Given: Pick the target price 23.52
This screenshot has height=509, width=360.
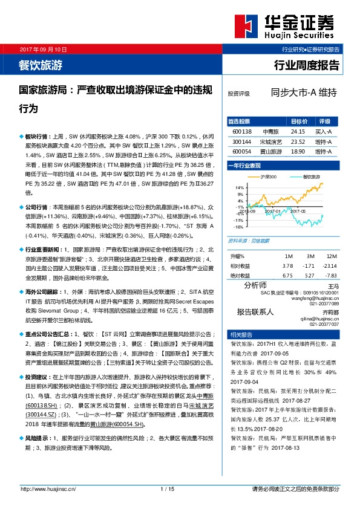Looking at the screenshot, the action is click(298, 141).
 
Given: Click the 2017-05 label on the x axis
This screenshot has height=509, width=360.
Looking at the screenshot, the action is click(297, 211).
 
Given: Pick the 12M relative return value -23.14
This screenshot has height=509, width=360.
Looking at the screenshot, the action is click(330, 265).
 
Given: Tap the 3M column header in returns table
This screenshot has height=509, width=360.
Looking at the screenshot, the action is click(309, 256).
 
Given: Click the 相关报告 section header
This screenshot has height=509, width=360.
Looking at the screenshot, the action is click(238, 334).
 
